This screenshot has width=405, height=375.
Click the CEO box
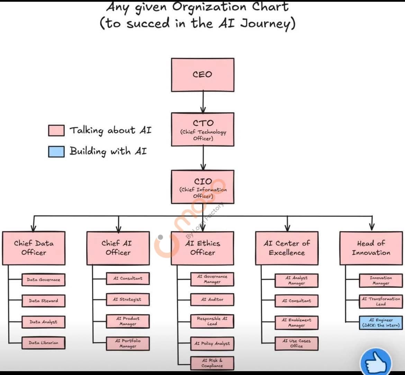(202, 75)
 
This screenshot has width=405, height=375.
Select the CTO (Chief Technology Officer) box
(202, 130)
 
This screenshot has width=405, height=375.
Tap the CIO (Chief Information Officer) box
(202, 187)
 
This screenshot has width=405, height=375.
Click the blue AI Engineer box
(381, 323)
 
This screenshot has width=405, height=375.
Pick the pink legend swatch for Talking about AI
(56, 131)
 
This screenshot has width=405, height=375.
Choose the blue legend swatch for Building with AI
(56, 151)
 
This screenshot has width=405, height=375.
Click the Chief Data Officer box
(34, 248)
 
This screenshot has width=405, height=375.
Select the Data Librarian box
(43, 343)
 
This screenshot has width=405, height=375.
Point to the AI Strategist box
(128, 299)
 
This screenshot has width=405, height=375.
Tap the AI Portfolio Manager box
(128, 343)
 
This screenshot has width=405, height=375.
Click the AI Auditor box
(212, 299)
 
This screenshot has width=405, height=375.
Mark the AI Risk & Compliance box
(212, 363)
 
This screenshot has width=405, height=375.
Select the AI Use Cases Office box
(296, 343)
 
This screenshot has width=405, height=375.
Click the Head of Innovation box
(371, 248)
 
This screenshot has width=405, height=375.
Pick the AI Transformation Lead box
(381, 301)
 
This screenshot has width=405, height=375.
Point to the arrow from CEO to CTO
(203, 102)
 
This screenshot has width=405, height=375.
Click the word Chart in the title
(270, 7)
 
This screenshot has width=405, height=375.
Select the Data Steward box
(43, 301)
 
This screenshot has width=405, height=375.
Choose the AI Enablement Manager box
(296, 323)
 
